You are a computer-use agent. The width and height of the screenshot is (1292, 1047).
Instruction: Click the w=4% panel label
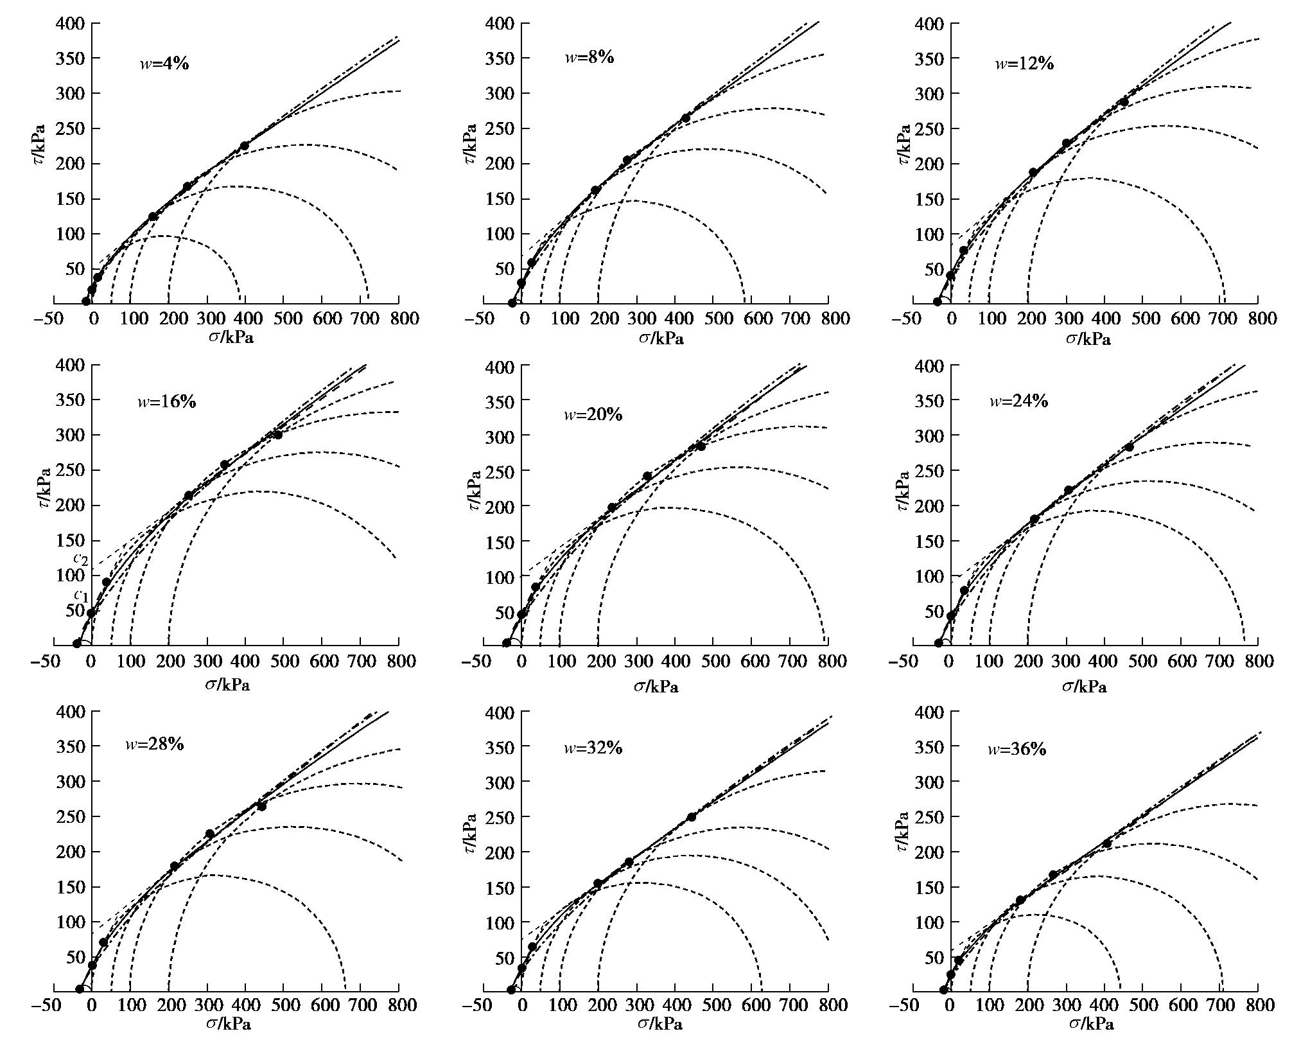(x=164, y=64)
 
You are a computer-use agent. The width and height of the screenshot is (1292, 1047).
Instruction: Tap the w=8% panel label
(x=589, y=57)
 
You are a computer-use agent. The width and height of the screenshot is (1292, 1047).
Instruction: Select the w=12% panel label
(x=1024, y=64)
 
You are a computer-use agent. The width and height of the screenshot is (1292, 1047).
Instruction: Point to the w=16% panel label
(x=166, y=402)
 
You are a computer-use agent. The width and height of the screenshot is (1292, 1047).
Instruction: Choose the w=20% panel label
(x=593, y=414)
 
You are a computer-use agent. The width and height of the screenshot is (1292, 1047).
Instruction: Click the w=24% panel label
(x=1018, y=401)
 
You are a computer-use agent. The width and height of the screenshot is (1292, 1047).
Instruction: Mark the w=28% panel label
(x=154, y=744)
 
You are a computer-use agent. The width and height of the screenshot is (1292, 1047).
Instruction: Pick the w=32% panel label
(x=593, y=748)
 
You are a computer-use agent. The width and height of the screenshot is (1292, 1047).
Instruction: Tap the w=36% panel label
(x=1017, y=749)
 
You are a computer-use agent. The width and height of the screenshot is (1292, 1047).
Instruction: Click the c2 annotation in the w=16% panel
(x=81, y=558)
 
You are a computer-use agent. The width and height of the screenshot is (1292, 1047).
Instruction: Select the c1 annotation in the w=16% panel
(x=81, y=595)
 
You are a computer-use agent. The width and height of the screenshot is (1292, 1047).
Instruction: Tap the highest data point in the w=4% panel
(x=244, y=146)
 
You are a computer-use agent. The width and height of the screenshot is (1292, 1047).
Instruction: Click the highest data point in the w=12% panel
(x=1124, y=102)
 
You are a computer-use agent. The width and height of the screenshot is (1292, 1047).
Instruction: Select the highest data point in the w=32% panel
(x=692, y=817)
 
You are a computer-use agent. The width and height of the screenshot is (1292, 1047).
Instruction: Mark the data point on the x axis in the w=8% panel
(x=512, y=303)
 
